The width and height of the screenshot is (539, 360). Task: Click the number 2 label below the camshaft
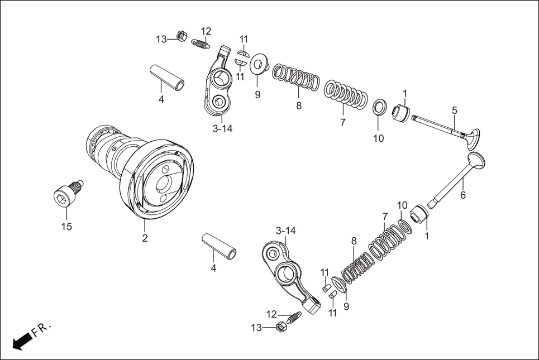145,238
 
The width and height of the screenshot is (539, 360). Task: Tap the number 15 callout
67,227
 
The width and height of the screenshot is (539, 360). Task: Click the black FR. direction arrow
21,340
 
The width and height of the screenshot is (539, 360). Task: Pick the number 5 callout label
455,110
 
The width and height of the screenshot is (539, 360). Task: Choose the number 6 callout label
462,195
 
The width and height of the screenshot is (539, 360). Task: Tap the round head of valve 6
476,161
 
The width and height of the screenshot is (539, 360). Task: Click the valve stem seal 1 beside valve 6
420,214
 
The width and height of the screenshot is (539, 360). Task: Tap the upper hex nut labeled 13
181,36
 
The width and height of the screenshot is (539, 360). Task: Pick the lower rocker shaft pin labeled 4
219,245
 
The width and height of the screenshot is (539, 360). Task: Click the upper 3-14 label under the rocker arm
222,129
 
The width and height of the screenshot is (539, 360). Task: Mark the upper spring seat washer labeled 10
379,106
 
